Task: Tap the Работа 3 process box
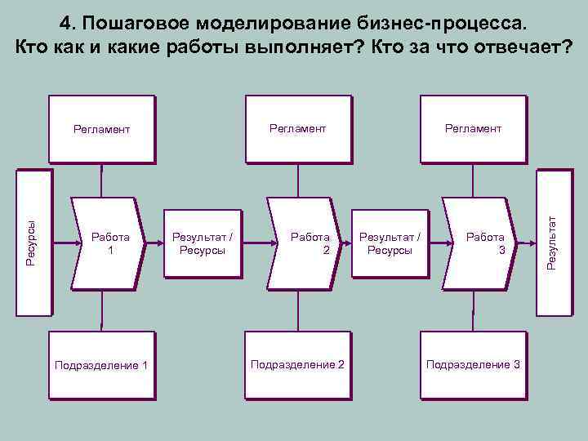480,243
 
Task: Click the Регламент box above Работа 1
101,129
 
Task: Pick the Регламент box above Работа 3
473,128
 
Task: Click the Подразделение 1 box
101,364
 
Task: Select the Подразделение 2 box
297,364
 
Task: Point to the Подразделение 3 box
473,364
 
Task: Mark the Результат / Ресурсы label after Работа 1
202,243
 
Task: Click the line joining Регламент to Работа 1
101,180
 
